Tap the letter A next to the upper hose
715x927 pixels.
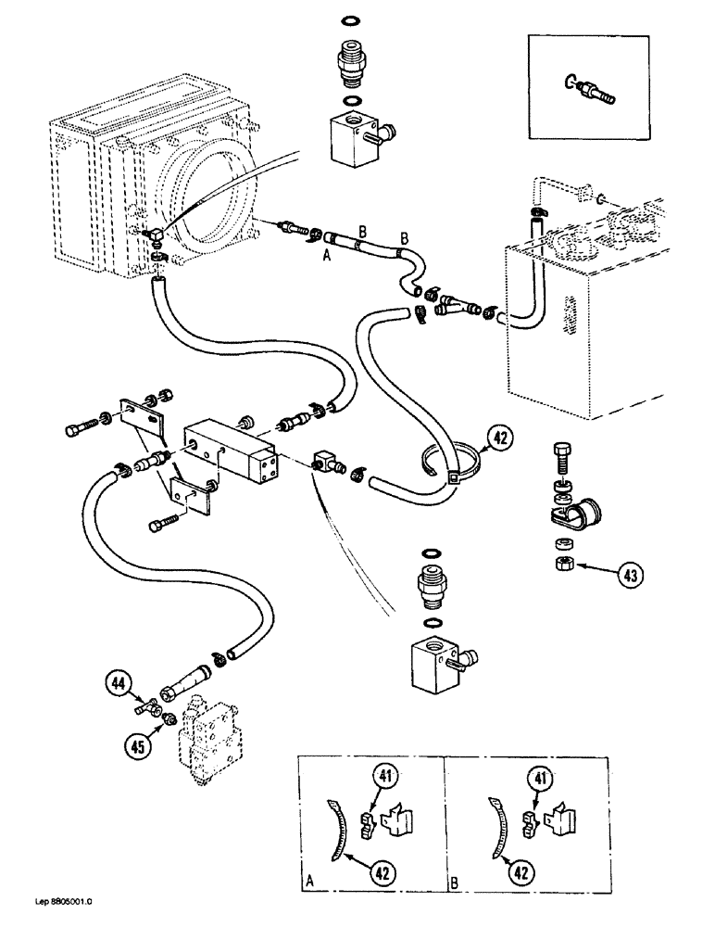click(x=327, y=260)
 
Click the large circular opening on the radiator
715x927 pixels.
click(x=210, y=210)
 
